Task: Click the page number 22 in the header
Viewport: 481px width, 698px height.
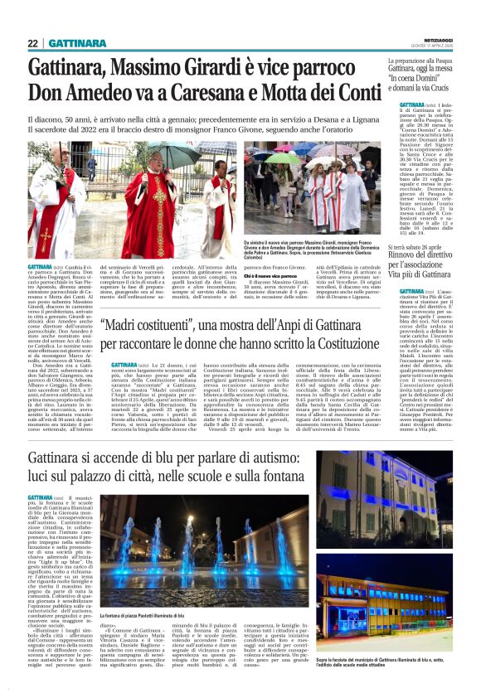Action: coord(32,43)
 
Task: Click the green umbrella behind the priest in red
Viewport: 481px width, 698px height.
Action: coord(179,154)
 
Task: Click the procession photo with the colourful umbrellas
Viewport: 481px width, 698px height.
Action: coord(312,187)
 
